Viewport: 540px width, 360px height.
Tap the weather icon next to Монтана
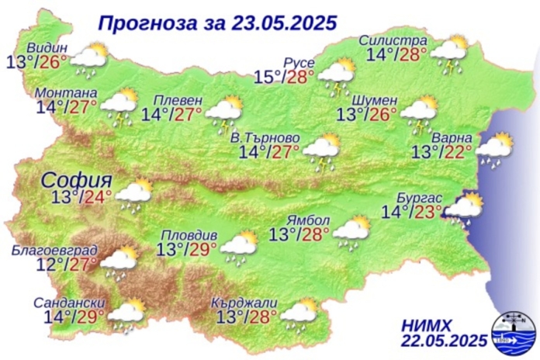[x=120, y=106]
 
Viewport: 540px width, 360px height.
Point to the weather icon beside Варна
[x=493, y=147]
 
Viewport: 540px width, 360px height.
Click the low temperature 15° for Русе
[x=268, y=77]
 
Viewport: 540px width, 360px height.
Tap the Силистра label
[x=393, y=40]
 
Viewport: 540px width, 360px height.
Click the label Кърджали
[x=246, y=303]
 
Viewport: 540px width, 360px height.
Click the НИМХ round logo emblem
[x=511, y=331]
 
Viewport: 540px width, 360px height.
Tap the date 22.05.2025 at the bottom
[x=445, y=341]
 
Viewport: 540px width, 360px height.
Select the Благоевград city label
[x=54, y=250]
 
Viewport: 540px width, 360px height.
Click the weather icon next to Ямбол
[x=351, y=229]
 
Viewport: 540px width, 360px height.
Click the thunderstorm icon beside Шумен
[x=418, y=112]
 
